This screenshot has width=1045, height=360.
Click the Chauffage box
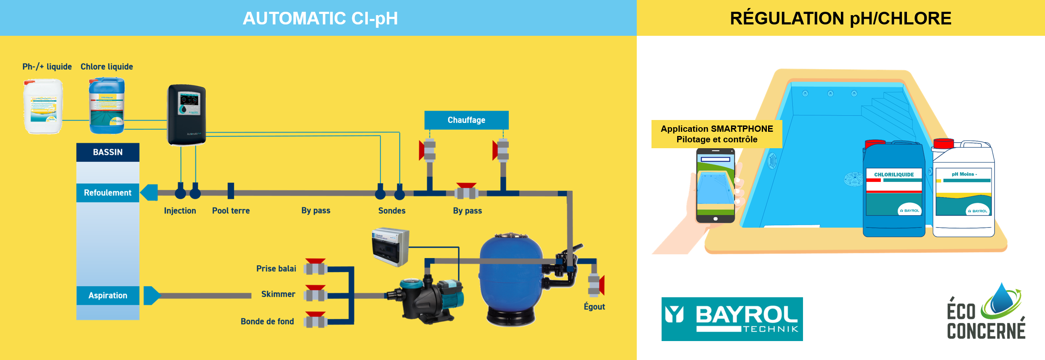pos(466,120)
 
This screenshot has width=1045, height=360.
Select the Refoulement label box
pos(108,193)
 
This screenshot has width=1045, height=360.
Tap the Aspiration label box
pos(108,296)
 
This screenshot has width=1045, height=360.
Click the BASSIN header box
pos(108,152)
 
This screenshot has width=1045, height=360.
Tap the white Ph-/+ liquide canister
pos(43,107)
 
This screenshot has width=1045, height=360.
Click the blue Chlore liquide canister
pos(107,105)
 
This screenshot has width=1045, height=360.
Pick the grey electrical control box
pos(391,247)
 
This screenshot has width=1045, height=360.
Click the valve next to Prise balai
pos(316,267)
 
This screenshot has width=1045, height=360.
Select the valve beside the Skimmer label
pos(316,294)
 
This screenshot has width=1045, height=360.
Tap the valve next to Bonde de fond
pos(316,321)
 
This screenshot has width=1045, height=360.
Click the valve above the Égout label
pos(596,285)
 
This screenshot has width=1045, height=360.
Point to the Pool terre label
pos(231,211)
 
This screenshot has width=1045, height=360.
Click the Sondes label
pos(392,211)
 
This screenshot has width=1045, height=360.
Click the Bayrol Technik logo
pos(732,319)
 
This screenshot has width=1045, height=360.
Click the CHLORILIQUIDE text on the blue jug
pos(894,174)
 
